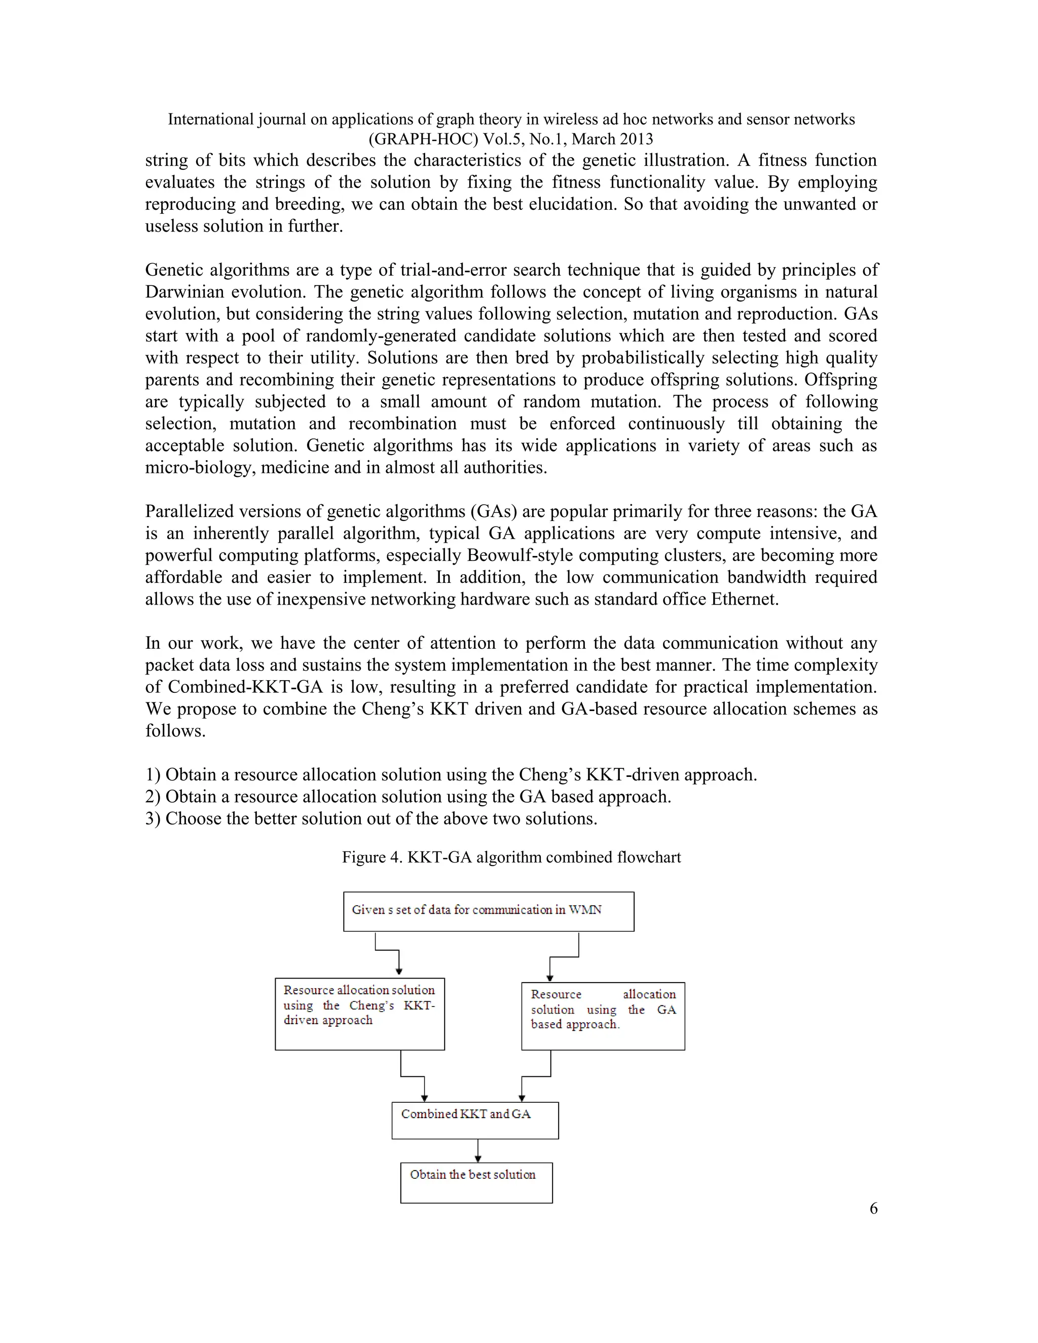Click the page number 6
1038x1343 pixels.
tap(873, 1208)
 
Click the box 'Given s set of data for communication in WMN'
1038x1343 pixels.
tap(488, 911)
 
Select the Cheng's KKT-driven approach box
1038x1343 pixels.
tap(360, 1014)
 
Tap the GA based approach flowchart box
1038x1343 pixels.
tap(603, 1016)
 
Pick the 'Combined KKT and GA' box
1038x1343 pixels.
tap(475, 1120)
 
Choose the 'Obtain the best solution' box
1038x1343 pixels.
tap(476, 1182)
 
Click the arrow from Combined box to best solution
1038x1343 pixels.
tap(478, 1150)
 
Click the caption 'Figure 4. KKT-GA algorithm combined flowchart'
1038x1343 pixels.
tap(511, 857)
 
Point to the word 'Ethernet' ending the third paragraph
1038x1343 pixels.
tap(744, 599)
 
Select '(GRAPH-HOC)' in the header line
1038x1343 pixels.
tap(423, 139)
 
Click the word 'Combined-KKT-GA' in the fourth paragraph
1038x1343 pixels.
tap(245, 687)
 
